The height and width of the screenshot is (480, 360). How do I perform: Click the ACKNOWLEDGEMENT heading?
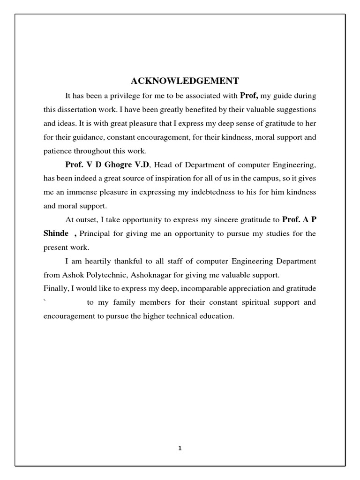[185, 80]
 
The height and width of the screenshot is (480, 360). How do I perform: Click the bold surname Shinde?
[56, 233]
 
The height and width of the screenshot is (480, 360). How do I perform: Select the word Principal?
[95, 233]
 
